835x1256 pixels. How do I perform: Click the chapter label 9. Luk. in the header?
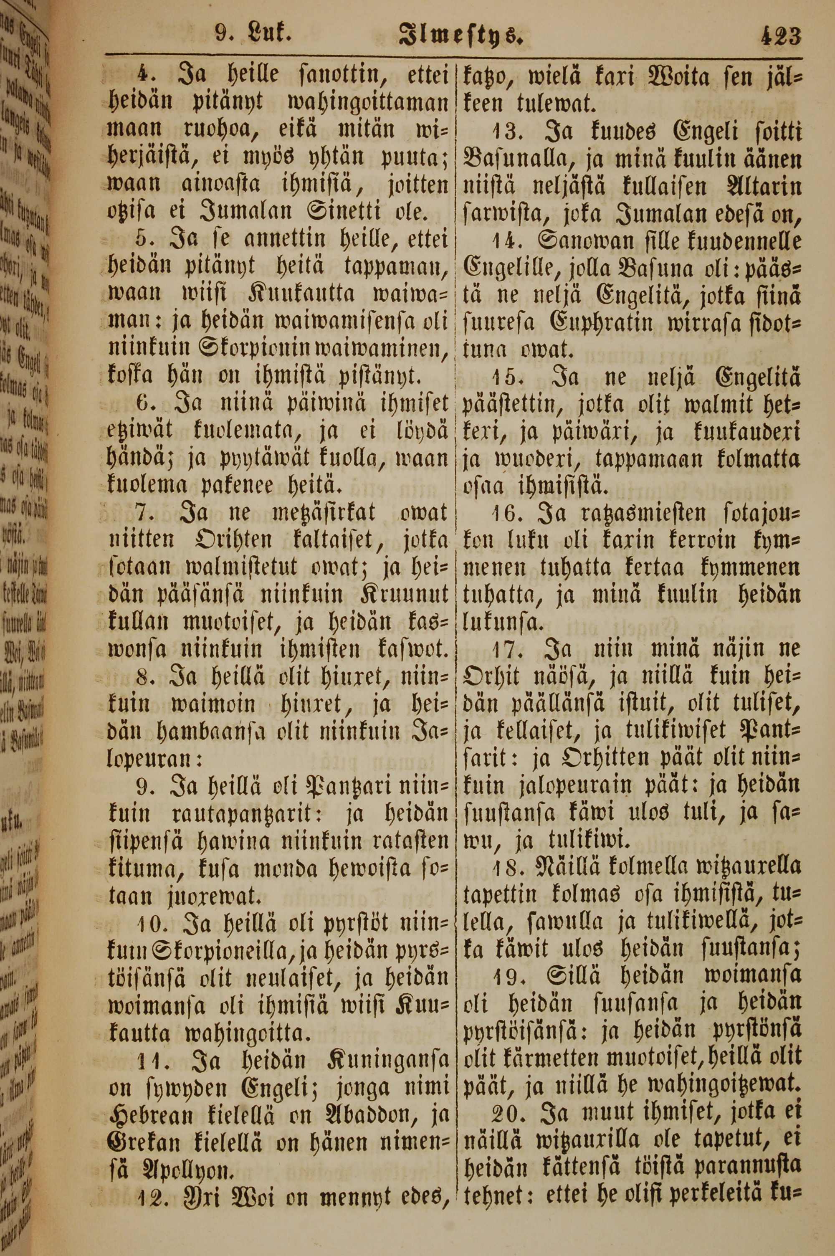tap(253, 35)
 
